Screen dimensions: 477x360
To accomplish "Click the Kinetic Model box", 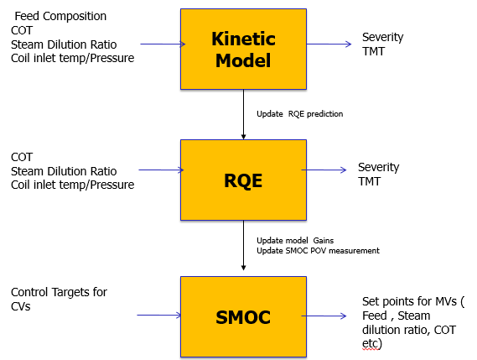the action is click(243, 49).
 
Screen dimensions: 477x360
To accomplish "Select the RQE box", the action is click(243, 180).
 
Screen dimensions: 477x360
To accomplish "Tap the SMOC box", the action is click(243, 316).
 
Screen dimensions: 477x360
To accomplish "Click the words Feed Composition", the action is click(60, 16).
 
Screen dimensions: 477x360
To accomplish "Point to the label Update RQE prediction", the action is click(299, 114).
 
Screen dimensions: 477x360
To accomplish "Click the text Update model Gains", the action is click(295, 241).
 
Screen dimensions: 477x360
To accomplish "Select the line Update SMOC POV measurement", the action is click(318, 251).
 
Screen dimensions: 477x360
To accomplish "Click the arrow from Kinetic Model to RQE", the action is click(243, 114).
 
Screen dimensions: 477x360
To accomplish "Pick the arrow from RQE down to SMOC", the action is click(243, 246).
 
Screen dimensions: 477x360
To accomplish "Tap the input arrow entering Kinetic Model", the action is click(163, 44).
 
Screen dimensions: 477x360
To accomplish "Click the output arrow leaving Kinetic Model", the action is click(329, 44).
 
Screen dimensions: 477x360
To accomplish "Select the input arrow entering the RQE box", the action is click(161, 170).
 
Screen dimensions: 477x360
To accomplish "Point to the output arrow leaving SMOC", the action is click(324, 316).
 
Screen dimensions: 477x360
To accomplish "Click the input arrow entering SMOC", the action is click(159, 316).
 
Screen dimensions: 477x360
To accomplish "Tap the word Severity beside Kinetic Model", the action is click(383, 37).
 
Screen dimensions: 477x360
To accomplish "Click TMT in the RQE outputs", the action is click(369, 181).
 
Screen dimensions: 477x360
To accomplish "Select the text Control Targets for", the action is click(59, 292).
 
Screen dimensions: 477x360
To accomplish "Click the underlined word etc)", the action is click(372, 344).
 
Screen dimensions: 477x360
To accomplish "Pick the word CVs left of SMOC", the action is click(21, 306).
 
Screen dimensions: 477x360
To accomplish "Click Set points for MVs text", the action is click(413, 301).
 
